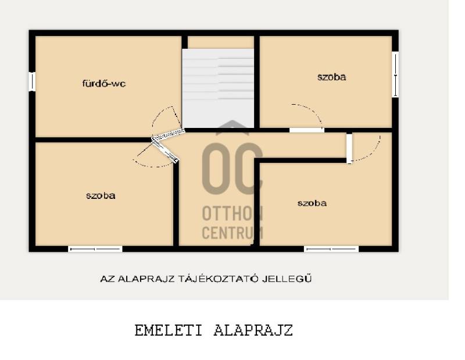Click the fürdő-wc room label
tap(104, 83)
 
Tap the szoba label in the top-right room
tap(331, 77)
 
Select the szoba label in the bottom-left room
tap(101, 195)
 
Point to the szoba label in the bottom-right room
tap(312, 203)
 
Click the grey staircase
tap(218, 88)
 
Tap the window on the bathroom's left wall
tap(32, 81)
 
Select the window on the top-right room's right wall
tap(395, 74)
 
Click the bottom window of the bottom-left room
tap(95, 249)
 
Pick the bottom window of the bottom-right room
tap(331, 249)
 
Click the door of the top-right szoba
tap(307, 130)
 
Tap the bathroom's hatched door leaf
tap(168, 135)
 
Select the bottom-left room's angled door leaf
tap(165, 151)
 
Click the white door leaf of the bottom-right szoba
tap(349, 148)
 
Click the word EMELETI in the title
tap(168, 330)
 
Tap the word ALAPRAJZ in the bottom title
tap(253, 330)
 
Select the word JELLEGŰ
tap(287, 279)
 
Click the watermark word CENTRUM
tap(233, 233)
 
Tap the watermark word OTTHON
tap(233, 213)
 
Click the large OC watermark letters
tap(233, 168)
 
